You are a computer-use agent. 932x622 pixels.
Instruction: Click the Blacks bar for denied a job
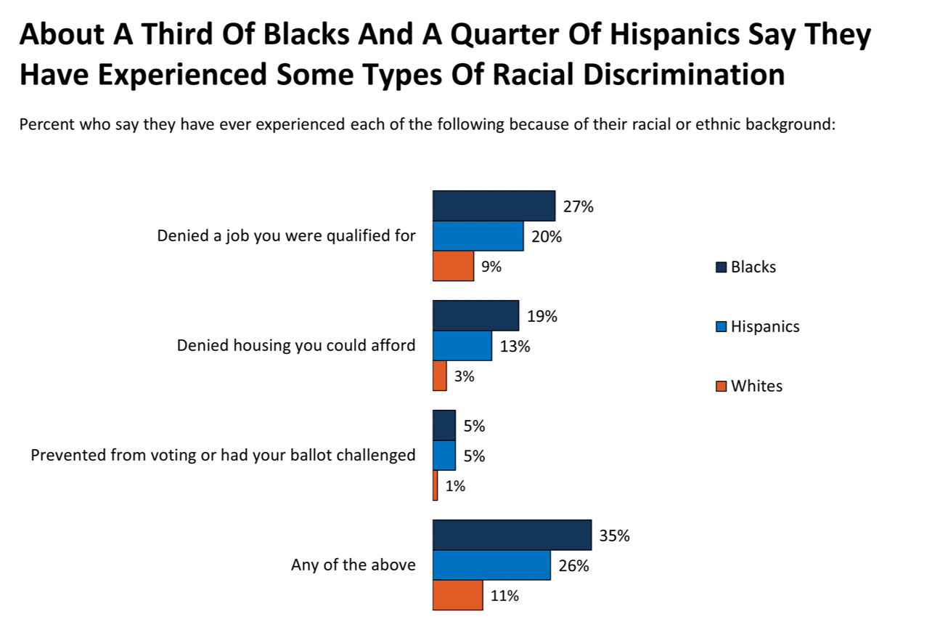point(494,206)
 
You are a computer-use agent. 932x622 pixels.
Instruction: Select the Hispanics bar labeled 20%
point(478,236)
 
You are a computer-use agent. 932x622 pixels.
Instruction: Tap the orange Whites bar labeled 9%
point(453,266)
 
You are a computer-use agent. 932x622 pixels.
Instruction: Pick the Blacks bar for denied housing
point(475,315)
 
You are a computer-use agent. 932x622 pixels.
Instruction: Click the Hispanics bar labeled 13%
point(462,346)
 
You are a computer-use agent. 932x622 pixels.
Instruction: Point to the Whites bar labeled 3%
point(439,376)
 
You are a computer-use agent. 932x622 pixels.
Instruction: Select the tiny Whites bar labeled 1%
point(435,485)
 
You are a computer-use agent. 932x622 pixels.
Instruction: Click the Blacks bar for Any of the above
point(512,536)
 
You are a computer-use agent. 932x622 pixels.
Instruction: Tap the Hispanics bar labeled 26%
point(491,565)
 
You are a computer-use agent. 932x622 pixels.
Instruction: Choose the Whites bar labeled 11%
point(457,595)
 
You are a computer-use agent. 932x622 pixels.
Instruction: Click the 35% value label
point(614,536)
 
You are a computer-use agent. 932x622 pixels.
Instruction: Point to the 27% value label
point(578,207)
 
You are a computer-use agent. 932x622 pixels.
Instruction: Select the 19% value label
point(541,317)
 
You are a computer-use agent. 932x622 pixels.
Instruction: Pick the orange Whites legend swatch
point(722,387)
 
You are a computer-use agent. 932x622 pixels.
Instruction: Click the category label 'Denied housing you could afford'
point(296,345)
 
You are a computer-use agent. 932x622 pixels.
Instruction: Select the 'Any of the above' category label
point(353,565)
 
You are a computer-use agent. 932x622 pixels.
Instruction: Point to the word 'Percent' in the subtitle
point(46,124)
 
